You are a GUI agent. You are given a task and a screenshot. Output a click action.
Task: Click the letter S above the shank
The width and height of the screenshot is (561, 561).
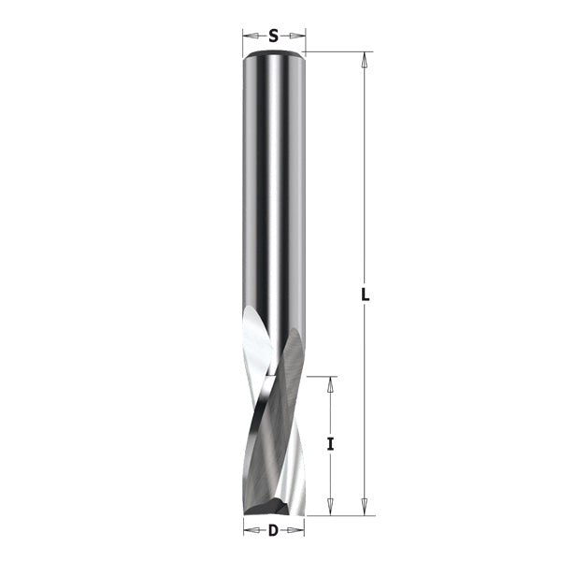pyautogui.click(x=273, y=36)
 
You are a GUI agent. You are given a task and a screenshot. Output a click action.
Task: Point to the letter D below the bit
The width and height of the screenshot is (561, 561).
pyautogui.click(x=273, y=532)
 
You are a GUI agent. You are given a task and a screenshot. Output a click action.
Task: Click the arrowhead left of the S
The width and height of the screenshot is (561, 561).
pyautogui.click(x=248, y=36)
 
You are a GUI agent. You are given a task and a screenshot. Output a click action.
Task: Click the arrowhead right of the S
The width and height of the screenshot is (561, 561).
pyautogui.click(x=299, y=36)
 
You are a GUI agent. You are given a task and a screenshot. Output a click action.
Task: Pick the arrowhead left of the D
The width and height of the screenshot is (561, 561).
pyautogui.click(x=248, y=532)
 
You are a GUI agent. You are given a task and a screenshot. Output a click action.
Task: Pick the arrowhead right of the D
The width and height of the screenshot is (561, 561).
pyautogui.click(x=299, y=532)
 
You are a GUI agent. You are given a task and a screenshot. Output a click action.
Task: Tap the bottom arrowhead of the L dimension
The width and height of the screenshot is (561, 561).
pyautogui.click(x=366, y=509)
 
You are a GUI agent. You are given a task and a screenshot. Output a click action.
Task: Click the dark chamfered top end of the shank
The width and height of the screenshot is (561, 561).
pyautogui.click(x=273, y=55)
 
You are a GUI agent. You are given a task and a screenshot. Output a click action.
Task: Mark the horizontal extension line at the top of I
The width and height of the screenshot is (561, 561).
pyautogui.click(x=320, y=377)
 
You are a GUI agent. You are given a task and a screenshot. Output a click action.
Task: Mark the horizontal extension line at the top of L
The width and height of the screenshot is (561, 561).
pyautogui.click(x=337, y=51)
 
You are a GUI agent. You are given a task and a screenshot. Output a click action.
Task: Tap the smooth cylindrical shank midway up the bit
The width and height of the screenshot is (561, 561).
pyautogui.click(x=273, y=187)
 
